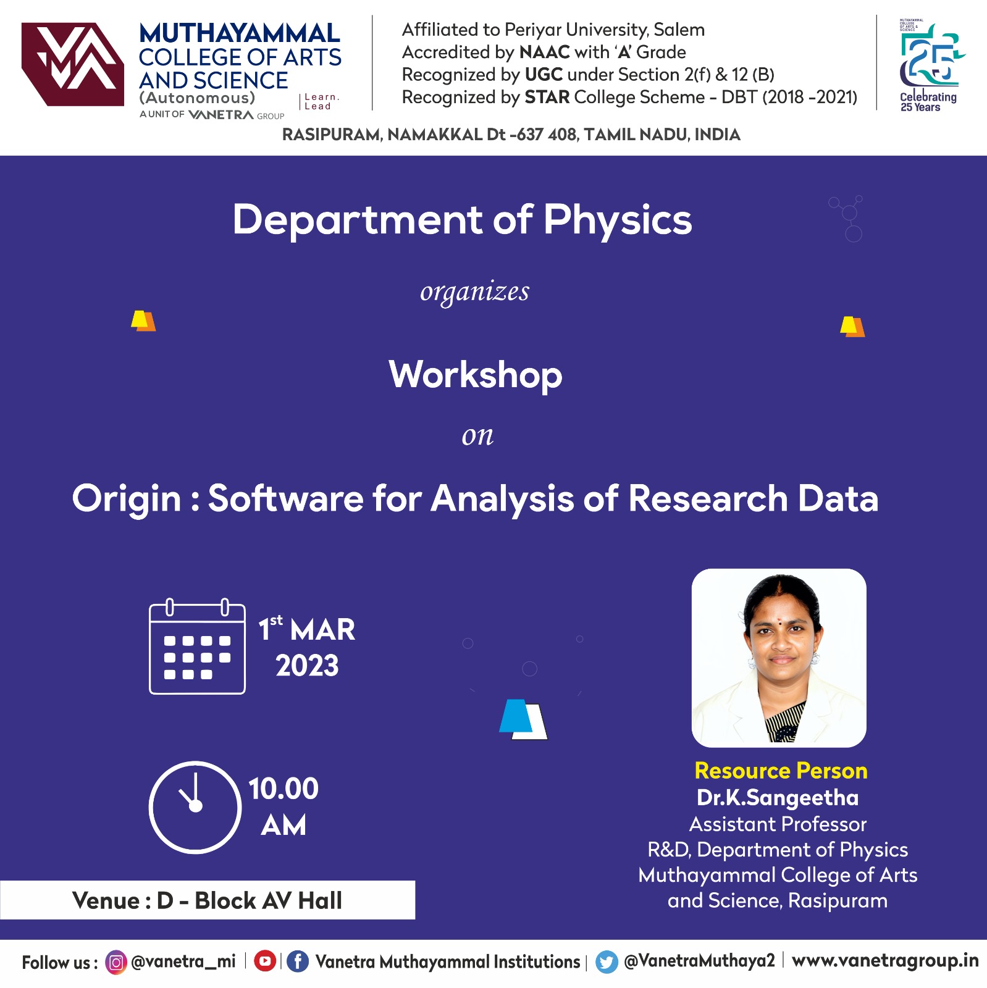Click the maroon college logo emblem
click(73, 64)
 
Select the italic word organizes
click(474, 292)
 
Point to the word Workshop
click(476, 375)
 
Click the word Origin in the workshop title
click(127, 499)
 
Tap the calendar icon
click(197, 647)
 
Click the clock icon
click(195, 808)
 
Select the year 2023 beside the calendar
click(307, 666)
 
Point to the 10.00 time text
click(283, 789)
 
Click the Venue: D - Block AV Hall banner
click(208, 900)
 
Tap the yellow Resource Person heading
click(781, 771)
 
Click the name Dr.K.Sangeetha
click(778, 798)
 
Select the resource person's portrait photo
click(779, 658)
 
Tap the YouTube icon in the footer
click(265, 961)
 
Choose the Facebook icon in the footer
click(298, 961)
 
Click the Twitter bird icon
click(607, 962)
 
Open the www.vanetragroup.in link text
click(885, 961)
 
